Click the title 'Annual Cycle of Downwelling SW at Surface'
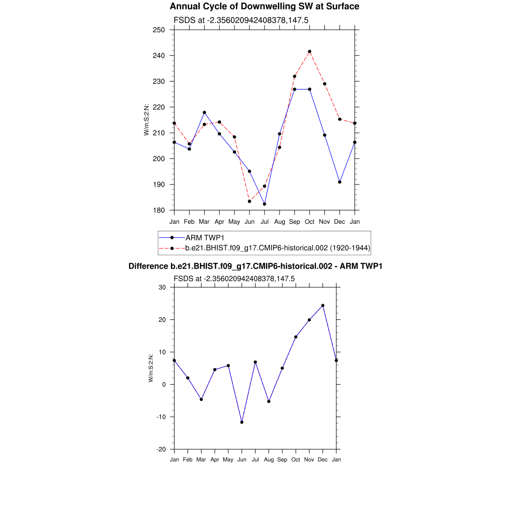pyautogui.click(x=265, y=7)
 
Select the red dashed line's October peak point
pyautogui.click(x=309, y=51)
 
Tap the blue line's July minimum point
pyautogui.click(x=265, y=204)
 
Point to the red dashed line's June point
pyautogui.click(x=249, y=201)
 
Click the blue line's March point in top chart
pyautogui.click(x=204, y=112)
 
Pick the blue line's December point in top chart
pyautogui.click(x=339, y=182)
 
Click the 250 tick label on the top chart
pyautogui.click(x=159, y=30)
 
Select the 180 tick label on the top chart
pyautogui.click(x=159, y=210)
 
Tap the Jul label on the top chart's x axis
pyautogui.click(x=265, y=221)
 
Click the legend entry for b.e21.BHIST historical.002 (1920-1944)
pyautogui.click(x=278, y=247)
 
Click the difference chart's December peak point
pyautogui.click(x=323, y=305)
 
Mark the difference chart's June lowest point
pyautogui.click(x=242, y=422)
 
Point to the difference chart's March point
pyautogui.click(x=201, y=399)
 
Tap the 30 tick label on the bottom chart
pyautogui.click(x=162, y=287)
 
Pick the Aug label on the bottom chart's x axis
pyautogui.click(x=269, y=460)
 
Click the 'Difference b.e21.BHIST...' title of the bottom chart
pyautogui.click(x=255, y=266)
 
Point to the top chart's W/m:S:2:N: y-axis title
pyautogui.click(x=147, y=120)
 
